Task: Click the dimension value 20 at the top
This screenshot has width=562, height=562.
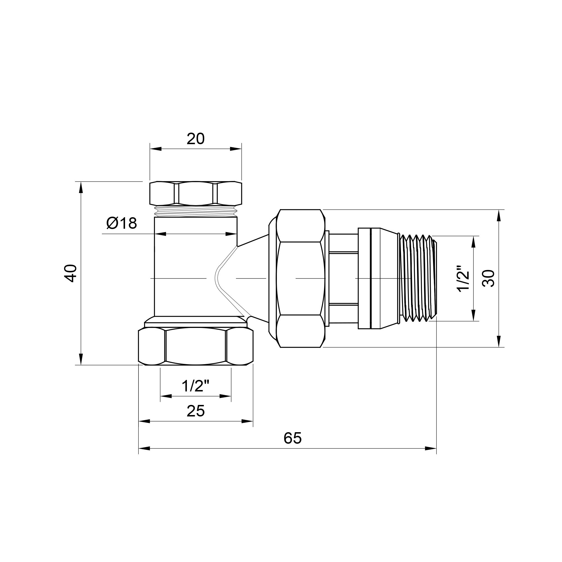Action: point(196,139)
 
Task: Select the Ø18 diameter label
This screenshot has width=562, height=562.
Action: point(122,223)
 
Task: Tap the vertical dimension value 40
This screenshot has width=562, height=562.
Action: point(71,273)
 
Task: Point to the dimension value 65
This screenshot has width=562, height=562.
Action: point(293,438)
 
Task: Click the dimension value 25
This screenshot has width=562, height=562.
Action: point(196,411)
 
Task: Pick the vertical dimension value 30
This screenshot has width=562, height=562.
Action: point(488,278)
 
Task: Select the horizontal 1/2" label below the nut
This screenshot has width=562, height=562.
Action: point(196,386)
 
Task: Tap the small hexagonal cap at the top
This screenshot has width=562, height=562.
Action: point(196,193)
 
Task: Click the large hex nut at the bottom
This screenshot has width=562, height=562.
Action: point(196,346)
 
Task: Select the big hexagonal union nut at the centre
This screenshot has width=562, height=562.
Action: point(300,278)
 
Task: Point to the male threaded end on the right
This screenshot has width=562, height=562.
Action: point(418,278)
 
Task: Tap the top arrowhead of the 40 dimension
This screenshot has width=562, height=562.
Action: point(81,187)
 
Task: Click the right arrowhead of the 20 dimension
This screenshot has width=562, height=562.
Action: point(236,149)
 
